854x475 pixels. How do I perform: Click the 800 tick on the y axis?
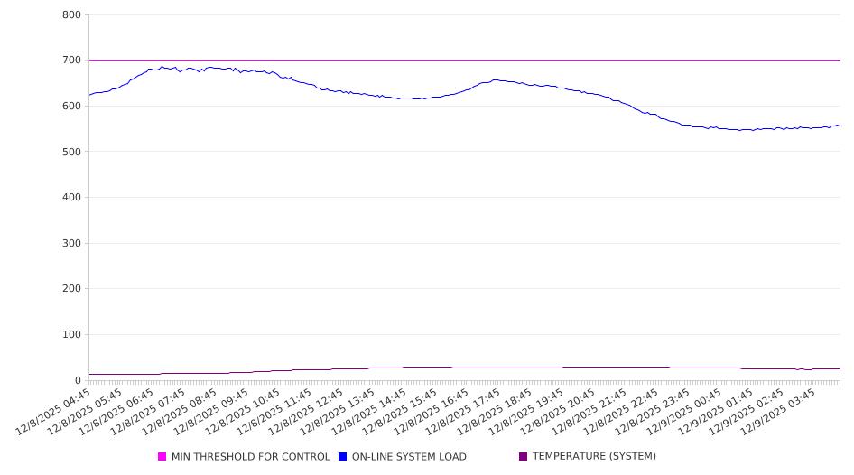72,15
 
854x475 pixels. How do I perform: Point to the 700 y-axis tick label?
72,61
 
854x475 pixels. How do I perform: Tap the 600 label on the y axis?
72,107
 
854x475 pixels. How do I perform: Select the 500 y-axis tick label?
72,152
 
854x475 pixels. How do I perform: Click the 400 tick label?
72,198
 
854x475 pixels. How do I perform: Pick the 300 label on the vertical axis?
72,244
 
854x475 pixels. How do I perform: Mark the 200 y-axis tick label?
72,289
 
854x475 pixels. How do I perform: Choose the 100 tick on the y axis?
72,335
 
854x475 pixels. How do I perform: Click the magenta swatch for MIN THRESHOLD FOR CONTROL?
162,457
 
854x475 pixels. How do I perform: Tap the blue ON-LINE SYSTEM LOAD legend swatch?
343,457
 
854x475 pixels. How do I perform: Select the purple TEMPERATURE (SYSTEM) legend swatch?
524,457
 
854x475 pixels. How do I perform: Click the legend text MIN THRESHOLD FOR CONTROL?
251,457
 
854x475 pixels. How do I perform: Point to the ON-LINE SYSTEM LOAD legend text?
409,457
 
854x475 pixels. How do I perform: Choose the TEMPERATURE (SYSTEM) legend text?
594,457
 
